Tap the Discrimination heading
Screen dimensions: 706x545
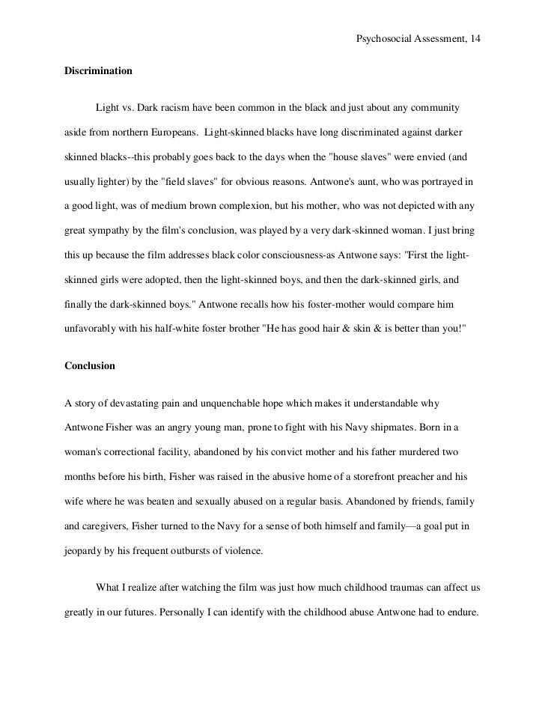point(99,71)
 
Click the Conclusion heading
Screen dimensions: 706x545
point(90,367)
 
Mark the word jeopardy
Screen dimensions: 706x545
point(83,551)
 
